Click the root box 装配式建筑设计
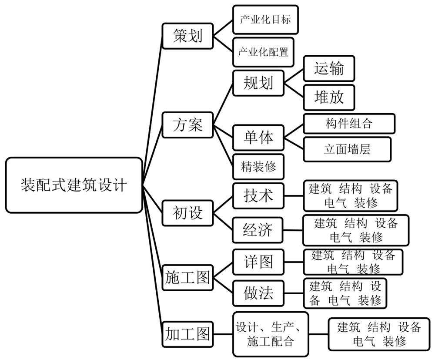click(x=74, y=185)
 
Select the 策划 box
click(x=188, y=35)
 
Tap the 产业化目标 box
click(x=265, y=20)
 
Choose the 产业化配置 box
click(x=263, y=52)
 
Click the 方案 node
click(x=188, y=125)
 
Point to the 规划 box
click(x=258, y=83)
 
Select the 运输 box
click(x=329, y=68)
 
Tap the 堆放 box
click(x=329, y=98)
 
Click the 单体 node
click(x=258, y=138)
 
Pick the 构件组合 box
click(x=349, y=124)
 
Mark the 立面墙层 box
click(x=347, y=150)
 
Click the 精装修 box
click(x=258, y=167)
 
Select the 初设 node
click(x=188, y=213)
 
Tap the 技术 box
click(x=258, y=196)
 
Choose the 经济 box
click(x=258, y=229)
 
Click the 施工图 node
click(x=187, y=277)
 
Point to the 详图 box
click(x=258, y=262)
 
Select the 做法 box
click(x=258, y=293)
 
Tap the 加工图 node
click(x=187, y=334)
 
